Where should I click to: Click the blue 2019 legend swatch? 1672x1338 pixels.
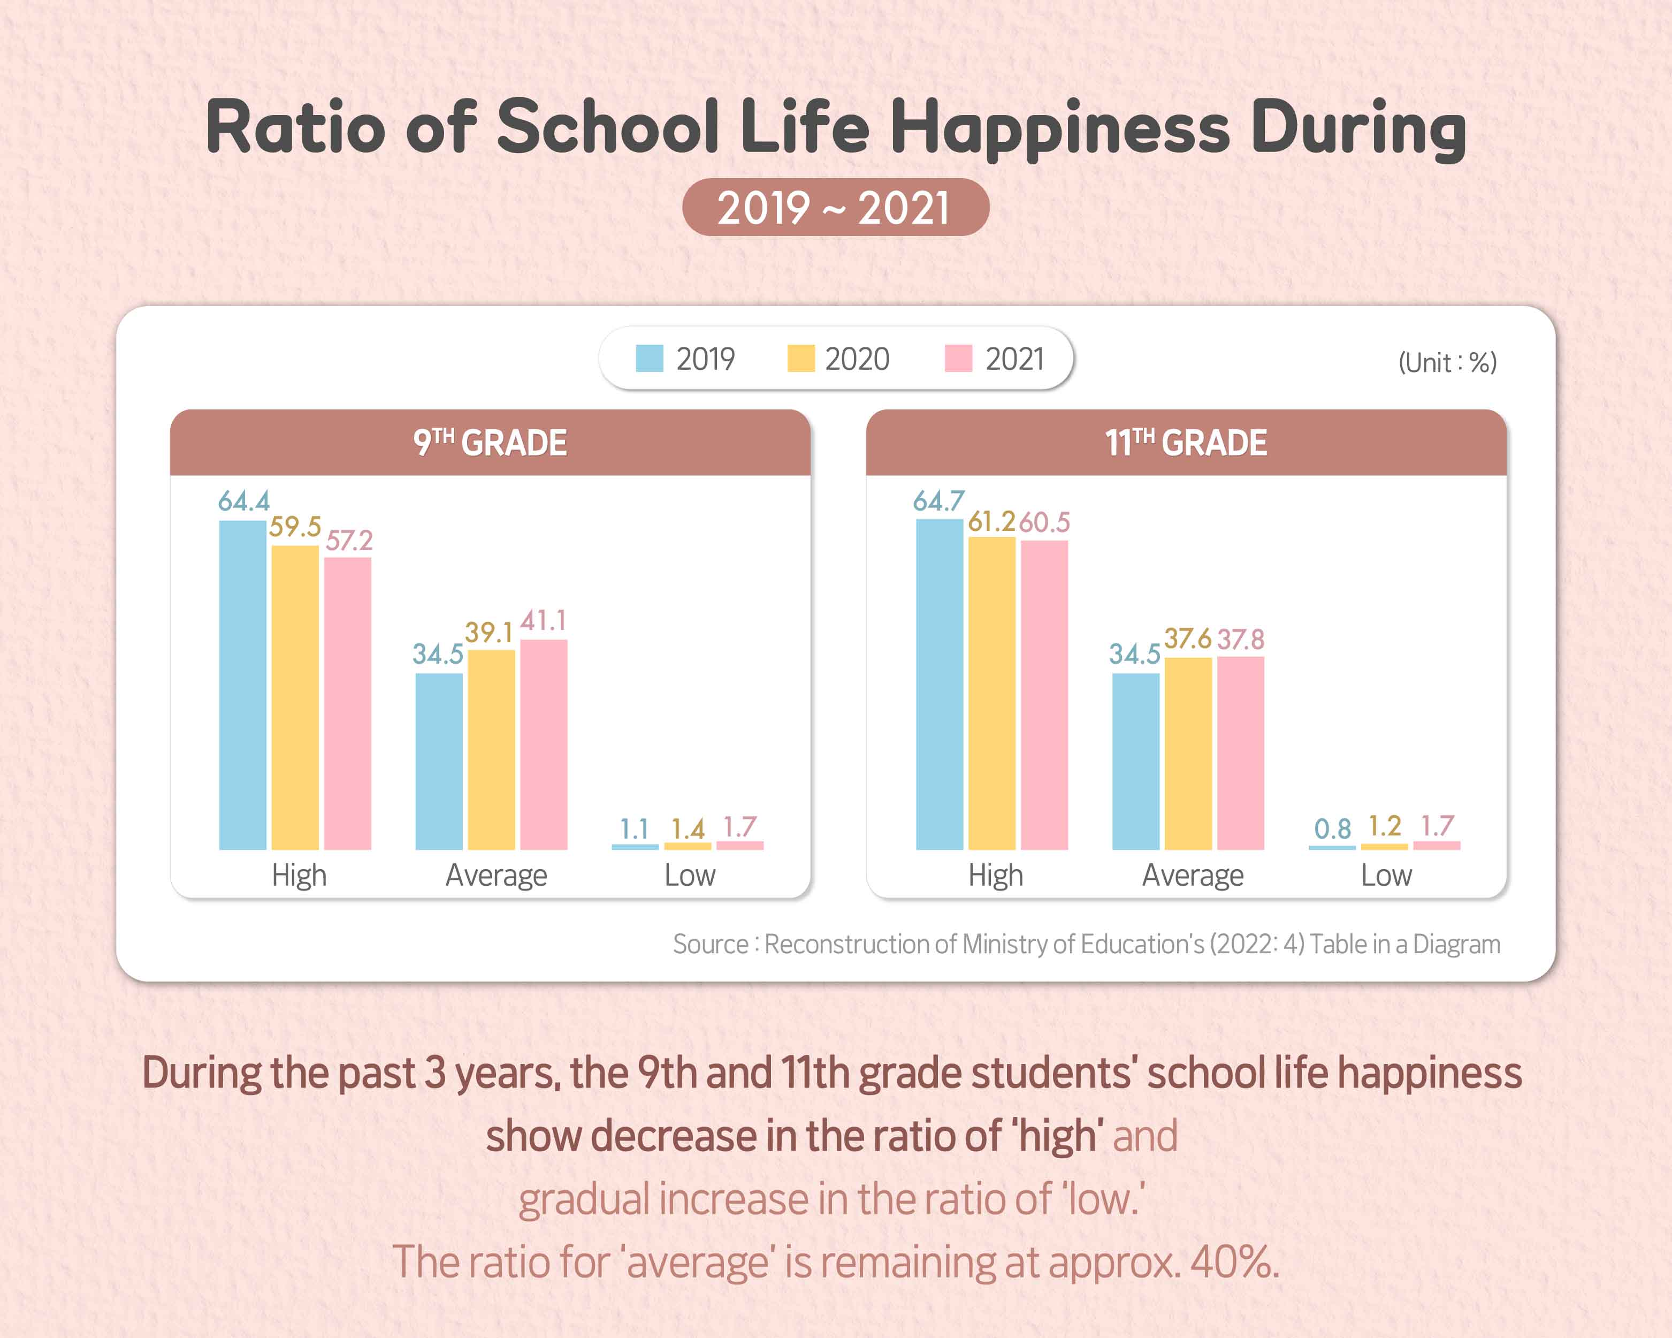[649, 359]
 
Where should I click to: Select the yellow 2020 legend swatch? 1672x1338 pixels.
[800, 359]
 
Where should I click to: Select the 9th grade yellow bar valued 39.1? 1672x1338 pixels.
[491, 749]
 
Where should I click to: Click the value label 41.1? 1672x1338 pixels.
[543, 620]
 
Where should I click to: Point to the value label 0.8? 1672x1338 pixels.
[1332, 829]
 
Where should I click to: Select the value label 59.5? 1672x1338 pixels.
[295, 527]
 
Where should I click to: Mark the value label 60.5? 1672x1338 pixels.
[1044, 522]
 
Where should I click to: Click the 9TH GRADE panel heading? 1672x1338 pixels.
[490, 443]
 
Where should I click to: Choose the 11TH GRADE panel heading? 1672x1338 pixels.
[1186, 443]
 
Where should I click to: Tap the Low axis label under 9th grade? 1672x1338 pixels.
[690, 876]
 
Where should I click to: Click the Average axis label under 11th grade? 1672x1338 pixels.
[1192, 876]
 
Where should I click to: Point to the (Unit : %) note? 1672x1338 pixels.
[1447, 362]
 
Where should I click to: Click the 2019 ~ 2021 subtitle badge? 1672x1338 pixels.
[835, 208]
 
